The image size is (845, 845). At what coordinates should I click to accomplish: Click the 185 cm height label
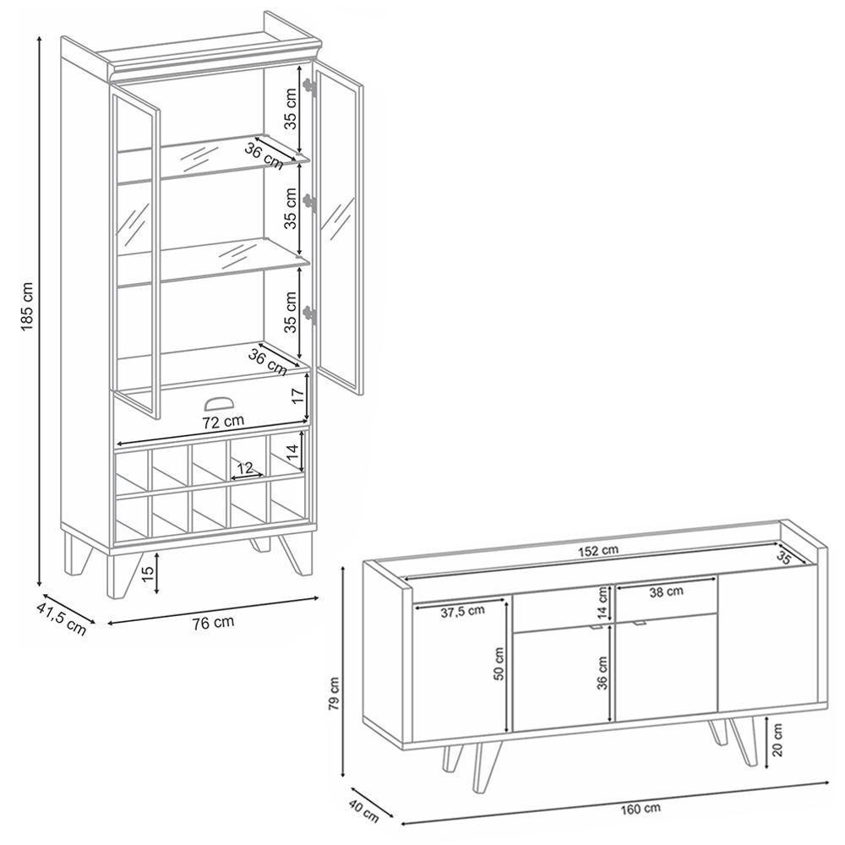click(x=27, y=306)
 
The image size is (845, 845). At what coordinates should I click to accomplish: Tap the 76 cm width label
click(x=214, y=623)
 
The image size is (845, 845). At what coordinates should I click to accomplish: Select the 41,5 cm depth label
click(x=62, y=619)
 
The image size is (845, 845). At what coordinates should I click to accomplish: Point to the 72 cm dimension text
click(x=223, y=422)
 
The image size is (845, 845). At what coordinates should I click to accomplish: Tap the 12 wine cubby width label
click(x=245, y=468)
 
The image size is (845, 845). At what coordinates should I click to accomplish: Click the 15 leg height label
click(x=148, y=572)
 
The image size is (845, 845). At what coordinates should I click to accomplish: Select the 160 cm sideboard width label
click(x=641, y=809)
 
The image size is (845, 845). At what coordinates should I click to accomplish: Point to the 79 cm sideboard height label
click(x=334, y=694)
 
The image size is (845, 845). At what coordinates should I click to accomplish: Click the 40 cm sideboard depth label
click(x=363, y=811)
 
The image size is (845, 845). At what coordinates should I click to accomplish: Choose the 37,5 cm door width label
click(x=462, y=612)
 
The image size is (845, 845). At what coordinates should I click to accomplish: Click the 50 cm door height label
click(x=499, y=663)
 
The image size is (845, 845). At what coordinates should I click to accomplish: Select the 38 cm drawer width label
click(x=666, y=591)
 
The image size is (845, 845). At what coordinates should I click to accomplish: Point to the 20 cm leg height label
click(x=777, y=740)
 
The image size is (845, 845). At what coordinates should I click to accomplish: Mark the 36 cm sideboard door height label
click(x=602, y=673)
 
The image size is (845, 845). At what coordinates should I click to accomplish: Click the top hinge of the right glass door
click(x=310, y=86)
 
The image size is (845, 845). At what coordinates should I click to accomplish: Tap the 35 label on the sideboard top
click(x=783, y=559)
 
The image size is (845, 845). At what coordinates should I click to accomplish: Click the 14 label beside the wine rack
click(x=292, y=451)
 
